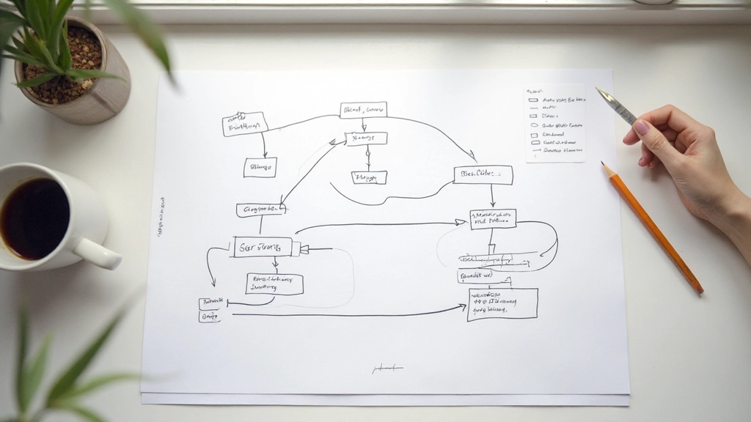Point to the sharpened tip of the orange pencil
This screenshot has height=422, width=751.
[604, 166]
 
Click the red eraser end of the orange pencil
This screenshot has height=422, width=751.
[700, 291]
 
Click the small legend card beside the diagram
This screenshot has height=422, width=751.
[555, 124]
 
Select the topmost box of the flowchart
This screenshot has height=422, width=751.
[363, 110]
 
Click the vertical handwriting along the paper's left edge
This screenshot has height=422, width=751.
[160, 216]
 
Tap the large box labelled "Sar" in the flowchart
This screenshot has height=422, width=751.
[263, 247]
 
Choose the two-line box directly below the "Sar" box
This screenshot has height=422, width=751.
[274, 284]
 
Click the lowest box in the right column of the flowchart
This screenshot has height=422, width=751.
[502, 303]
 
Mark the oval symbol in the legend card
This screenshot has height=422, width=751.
[533, 125]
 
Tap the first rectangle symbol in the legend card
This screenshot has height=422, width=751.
[533, 99]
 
